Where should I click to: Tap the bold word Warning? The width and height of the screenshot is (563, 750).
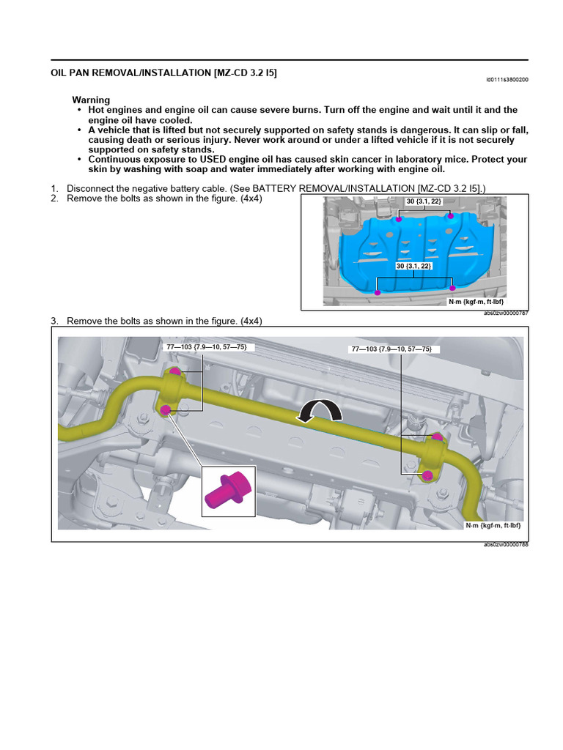coord(91,100)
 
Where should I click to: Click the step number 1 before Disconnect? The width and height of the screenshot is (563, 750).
coord(54,189)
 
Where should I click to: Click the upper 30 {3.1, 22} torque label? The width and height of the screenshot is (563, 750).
coord(424,201)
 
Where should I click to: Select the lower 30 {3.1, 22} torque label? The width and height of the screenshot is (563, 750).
coord(414,267)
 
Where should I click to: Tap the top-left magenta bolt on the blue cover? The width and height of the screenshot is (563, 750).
coord(399,219)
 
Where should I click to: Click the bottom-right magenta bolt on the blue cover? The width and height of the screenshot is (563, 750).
coord(452,288)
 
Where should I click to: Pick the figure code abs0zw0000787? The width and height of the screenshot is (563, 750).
coord(506,313)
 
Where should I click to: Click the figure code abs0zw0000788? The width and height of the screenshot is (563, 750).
coord(506,545)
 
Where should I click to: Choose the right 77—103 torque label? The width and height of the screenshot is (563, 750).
coord(396,349)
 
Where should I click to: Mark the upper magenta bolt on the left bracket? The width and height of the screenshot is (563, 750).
coord(175,372)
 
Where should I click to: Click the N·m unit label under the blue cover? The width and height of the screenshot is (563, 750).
coord(476,301)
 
